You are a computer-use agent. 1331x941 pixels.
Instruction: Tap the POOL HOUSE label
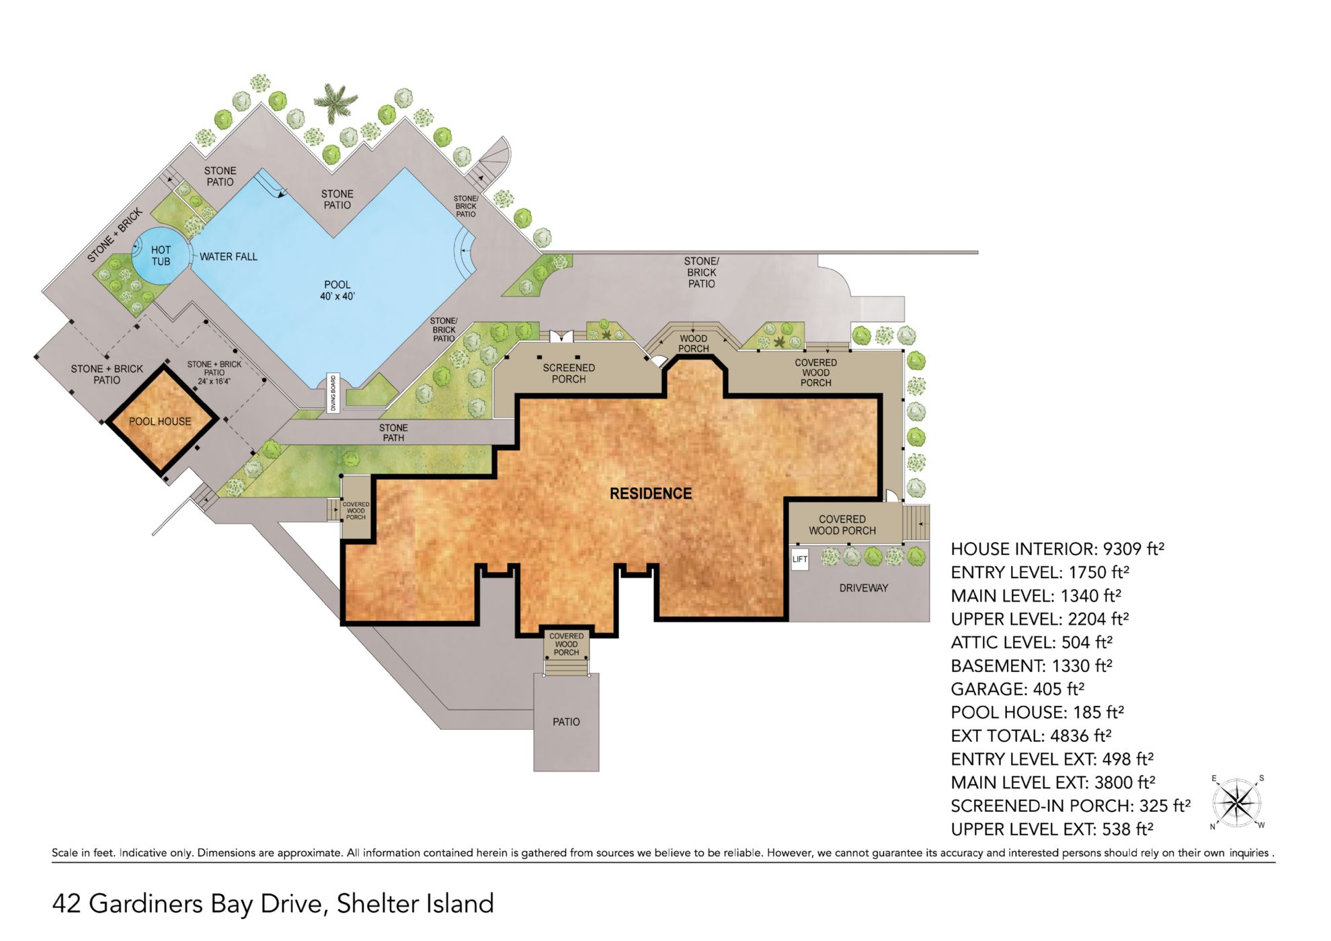pyautogui.click(x=160, y=421)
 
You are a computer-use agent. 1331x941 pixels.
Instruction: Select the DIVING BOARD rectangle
pyautogui.click(x=333, y=393)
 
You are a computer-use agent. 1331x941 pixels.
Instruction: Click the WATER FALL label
pyautogui.click(x=228, y=257)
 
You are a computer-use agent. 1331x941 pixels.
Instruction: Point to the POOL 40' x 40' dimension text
pyautogui.click(x=337, y=296)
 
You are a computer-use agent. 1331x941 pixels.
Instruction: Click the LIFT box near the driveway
pyautogui.click(x=799, y=559)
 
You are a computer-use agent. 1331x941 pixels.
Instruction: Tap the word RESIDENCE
pyautogui.click(x=650, y=494)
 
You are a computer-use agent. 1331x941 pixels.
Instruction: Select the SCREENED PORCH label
pyautogui.click(x=569, y=374)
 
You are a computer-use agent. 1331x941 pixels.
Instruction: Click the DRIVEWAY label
pyautogui.click(x=863, y=588)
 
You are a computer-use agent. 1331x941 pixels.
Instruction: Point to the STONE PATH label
pyautogui.click(x=393, y=433)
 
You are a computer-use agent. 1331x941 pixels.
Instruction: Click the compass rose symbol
pyautogui.click(x=1237, y=803)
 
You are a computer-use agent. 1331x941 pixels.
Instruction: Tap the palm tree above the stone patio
pyautogui.click(x=334, y=102)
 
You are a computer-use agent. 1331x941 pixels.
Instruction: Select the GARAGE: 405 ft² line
pyautogui.click(x=1017, y=689)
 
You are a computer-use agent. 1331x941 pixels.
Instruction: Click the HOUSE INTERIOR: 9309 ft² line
pyautogui.click(x=1057, y=549)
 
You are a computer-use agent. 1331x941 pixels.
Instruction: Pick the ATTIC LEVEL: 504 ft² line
pyautogui.click(x=1031, y=643)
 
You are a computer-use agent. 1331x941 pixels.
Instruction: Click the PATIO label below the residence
pyautogui.click(x=566, y=722)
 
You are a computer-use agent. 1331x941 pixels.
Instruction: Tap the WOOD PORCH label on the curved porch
pyautogui.click(x=693, y=343)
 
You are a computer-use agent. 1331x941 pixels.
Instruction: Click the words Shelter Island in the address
pyautogui.click(x=415, y=904)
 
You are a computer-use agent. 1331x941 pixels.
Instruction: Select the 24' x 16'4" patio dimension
pyautogui.click(x=214, y=381)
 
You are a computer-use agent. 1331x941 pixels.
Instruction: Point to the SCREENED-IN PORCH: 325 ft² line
pyautogui.click(x=1070, y=806)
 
